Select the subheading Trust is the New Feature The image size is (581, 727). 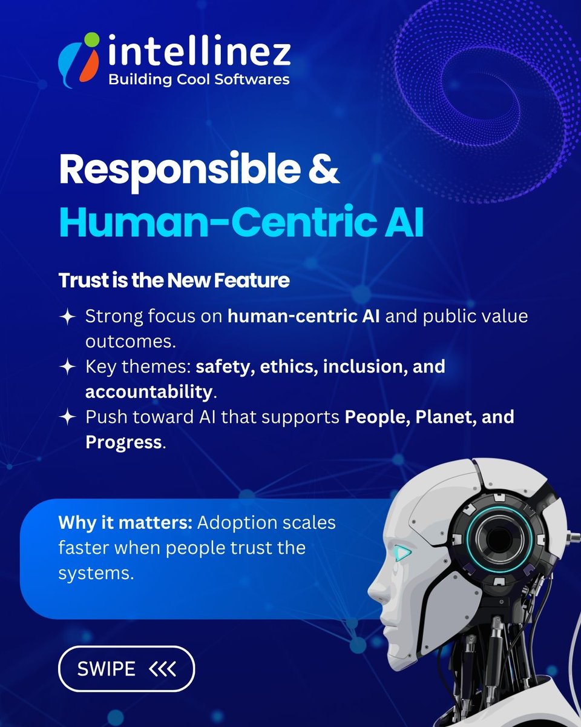pos(174,281)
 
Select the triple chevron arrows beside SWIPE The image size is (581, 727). pos(162,669)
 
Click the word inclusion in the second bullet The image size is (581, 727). pos(347,367)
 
